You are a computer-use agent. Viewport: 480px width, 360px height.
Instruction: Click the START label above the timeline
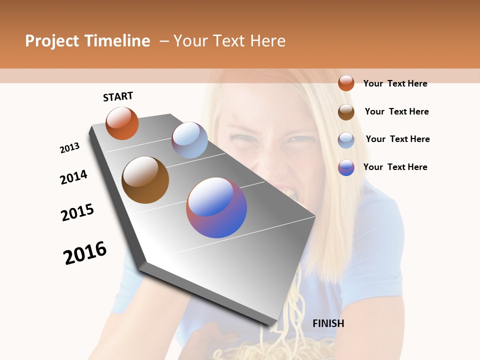click(118, 96)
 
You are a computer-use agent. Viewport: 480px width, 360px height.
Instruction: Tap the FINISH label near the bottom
click(328, 323)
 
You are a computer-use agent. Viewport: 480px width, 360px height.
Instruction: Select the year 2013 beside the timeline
click(70, 148)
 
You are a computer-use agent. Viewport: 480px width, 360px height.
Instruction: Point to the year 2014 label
click(73, 177)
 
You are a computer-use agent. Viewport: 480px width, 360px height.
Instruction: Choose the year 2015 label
click(77, 212)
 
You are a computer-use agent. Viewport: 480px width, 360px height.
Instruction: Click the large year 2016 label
click(85, 253)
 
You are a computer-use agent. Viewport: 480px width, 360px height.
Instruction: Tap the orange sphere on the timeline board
click(122, 123)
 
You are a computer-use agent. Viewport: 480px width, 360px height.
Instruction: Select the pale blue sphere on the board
click(189, 140)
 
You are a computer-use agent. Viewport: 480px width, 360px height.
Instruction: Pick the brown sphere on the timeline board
click(145, 180)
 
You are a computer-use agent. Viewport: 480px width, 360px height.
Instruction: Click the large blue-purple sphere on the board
click(216, 207)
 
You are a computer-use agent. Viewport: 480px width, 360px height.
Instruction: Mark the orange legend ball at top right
click(346, 83)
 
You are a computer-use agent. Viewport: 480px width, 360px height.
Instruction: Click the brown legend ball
click(346, 112)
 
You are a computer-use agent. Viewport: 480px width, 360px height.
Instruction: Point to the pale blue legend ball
click(346, 140)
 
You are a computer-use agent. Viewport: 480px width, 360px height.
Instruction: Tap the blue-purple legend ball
click(346, 167)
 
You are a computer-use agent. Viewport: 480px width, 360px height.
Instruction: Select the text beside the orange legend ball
click(395, 83)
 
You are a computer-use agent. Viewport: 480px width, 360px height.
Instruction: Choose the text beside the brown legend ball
click(396, 111)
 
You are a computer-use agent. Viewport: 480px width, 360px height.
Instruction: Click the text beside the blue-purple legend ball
click(395, 167)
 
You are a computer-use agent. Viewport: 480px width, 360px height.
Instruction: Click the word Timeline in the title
click(117, 41)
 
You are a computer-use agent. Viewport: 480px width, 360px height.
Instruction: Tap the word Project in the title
click(52, 41)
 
